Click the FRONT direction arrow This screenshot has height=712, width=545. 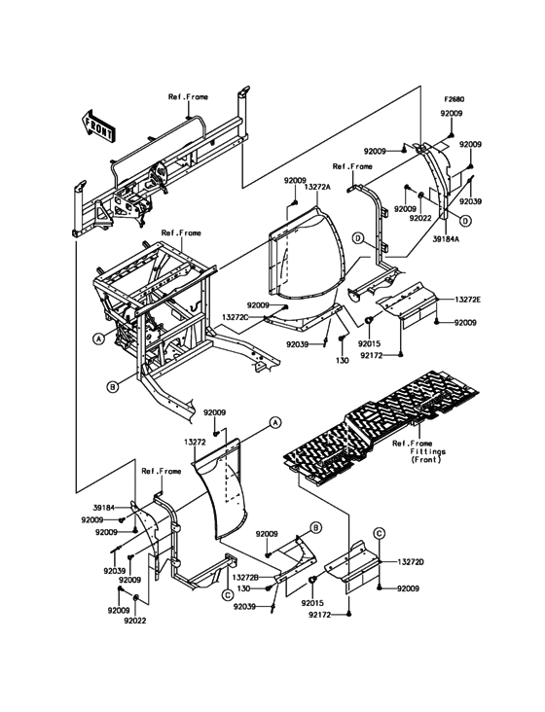pyautogui.click(x=97, y=125)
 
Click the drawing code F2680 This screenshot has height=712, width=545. pyautogui.click(x=454, y=99)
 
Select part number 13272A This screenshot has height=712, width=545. pyautogui.click(x=316, y=187)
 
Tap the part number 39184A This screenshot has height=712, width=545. pyautogui.click(x=448, y=239)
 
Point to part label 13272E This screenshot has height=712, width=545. pyautogui.click(x=467, y=300)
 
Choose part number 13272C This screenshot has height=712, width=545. pyautogui.click(x=236, y=316)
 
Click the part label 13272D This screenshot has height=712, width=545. pyautogui.click(x=411, y=562)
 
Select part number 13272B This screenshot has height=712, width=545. pyautogui.click(x=245, y=577)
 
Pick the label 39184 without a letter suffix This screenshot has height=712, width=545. pyautogui.click(x=103, y=508)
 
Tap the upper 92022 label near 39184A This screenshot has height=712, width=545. pyautogui.click(x=420, y=218)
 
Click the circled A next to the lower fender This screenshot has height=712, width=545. pyautogui.click(x=273, y=422)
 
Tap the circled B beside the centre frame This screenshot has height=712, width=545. pyautogui.click(x=113, y=387)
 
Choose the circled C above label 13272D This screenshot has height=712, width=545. pyautogui.click(x=380, y=532)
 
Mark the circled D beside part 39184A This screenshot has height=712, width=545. pyautogui.click(x=465, y=221)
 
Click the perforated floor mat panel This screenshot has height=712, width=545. pyautogui.click(x=381, y=424)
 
